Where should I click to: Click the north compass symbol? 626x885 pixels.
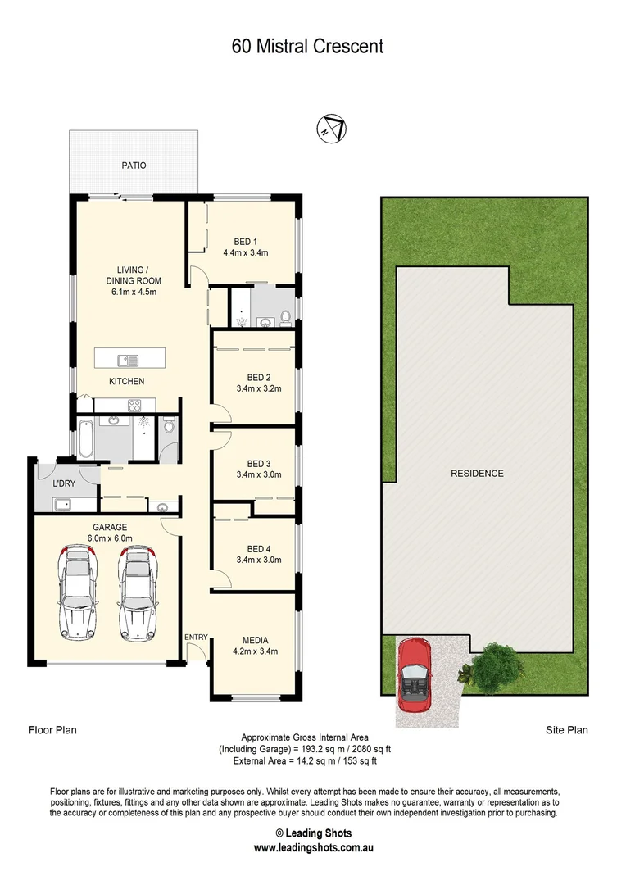click(332, 129)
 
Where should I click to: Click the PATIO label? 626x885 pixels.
click(134, 166)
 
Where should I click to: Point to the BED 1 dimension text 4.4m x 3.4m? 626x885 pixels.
click(246, 253)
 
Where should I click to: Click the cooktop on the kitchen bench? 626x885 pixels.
click(135, 404)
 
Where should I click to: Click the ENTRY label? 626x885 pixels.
click(196, 638)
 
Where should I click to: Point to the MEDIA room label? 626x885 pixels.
click(256, 640)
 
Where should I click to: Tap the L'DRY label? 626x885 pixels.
click(64, 483)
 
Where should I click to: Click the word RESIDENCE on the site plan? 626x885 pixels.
click(477, 474)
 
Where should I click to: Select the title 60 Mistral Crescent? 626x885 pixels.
click(307, 47)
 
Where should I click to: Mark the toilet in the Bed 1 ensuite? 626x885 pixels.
click(284, 317)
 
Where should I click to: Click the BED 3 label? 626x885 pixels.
click(259, 462)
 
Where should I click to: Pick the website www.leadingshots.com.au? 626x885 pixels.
click(313, 848)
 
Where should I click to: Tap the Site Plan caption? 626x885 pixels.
click(567, 729)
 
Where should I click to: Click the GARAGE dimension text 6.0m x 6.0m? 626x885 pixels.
click(110, 538)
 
